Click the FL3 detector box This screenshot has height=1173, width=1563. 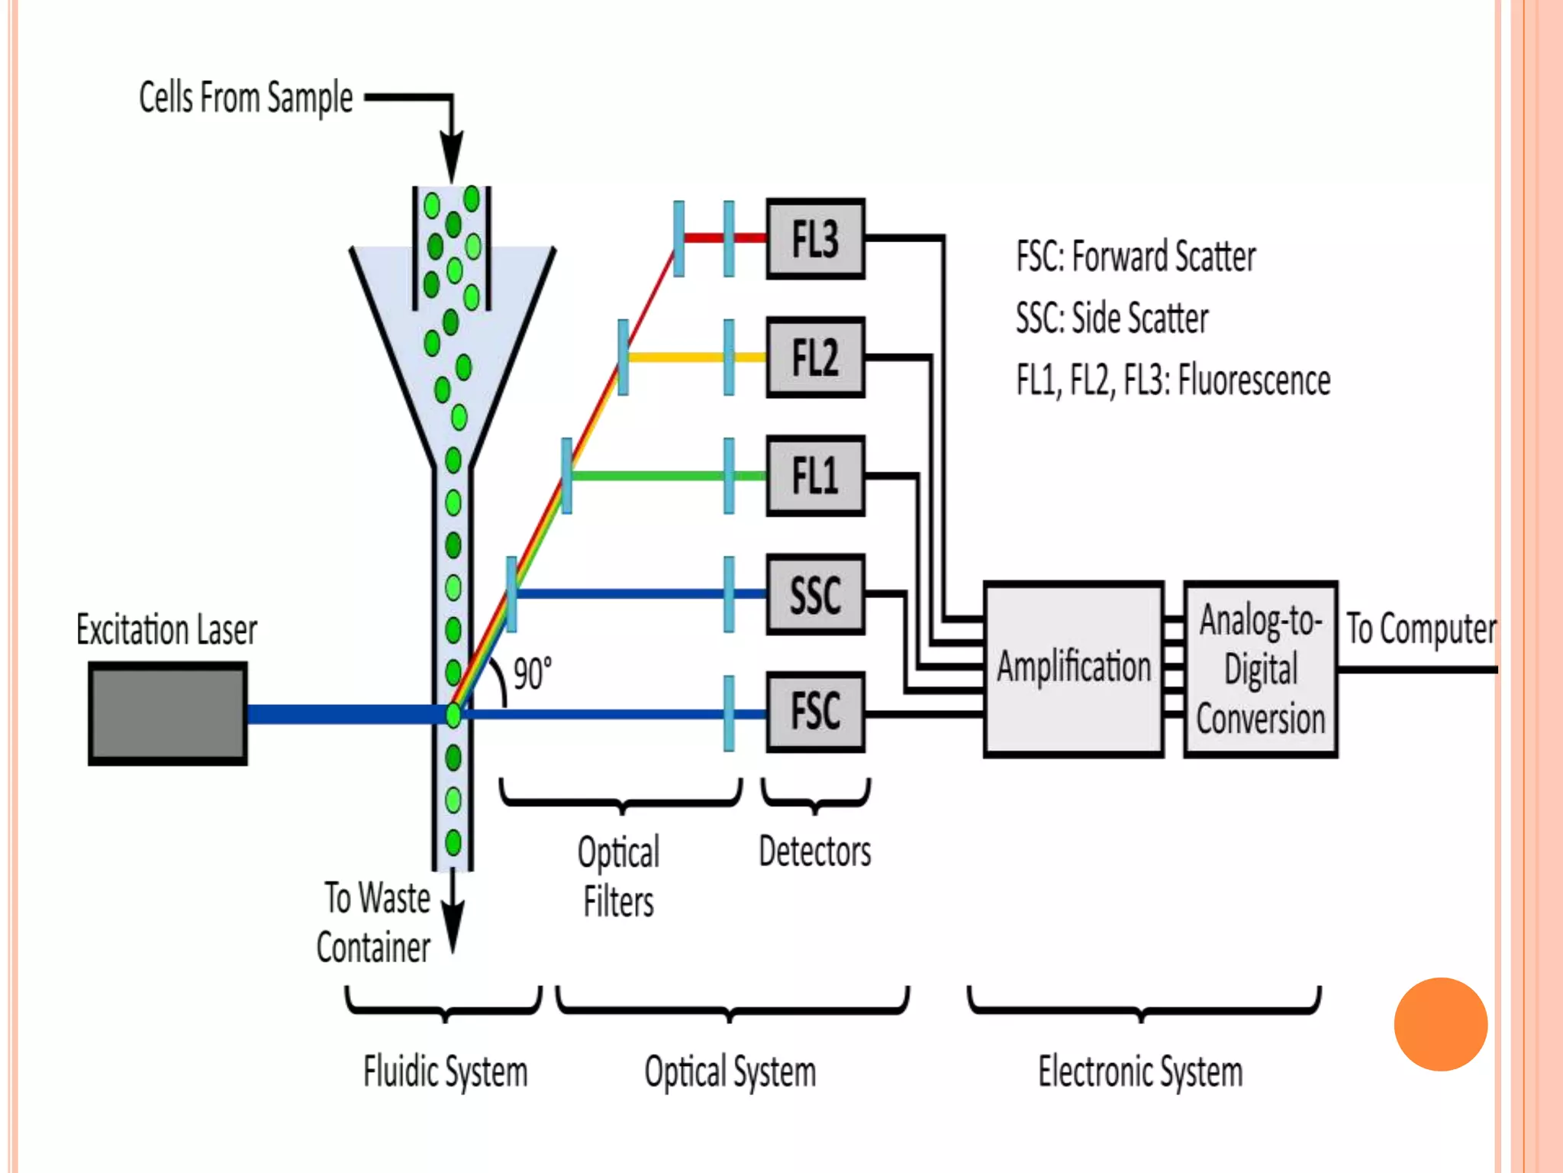[x=815, y=239]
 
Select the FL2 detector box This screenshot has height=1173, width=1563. [x=815, y=357]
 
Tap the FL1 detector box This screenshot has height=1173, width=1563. [x=815, y=476]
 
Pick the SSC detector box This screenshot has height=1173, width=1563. [x=815, y=594]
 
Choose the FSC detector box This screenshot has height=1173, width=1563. [x=815, y=712]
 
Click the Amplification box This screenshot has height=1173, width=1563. [x=1073, y=669]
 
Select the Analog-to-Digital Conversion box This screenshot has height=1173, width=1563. [x=1260, y=669]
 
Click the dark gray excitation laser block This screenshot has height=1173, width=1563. [x=168, y=713]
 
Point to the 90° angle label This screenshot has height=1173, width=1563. [x=532, y=674]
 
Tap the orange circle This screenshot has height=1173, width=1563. [x=1440, y=1024]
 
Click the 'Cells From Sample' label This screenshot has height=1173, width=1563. [x=246, y=98]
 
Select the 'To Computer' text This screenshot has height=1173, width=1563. [x=1420, y=629]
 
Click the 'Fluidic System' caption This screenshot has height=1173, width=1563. [x=445, y=1071]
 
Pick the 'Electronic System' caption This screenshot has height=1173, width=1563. [x=1140, y=1071]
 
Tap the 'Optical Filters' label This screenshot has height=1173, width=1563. [x=618, y=877]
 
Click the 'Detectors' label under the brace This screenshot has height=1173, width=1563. [x=814, y=851]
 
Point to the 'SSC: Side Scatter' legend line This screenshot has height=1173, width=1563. [x=1112, y=318]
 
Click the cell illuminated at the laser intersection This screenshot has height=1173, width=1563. [x=453, y=715]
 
